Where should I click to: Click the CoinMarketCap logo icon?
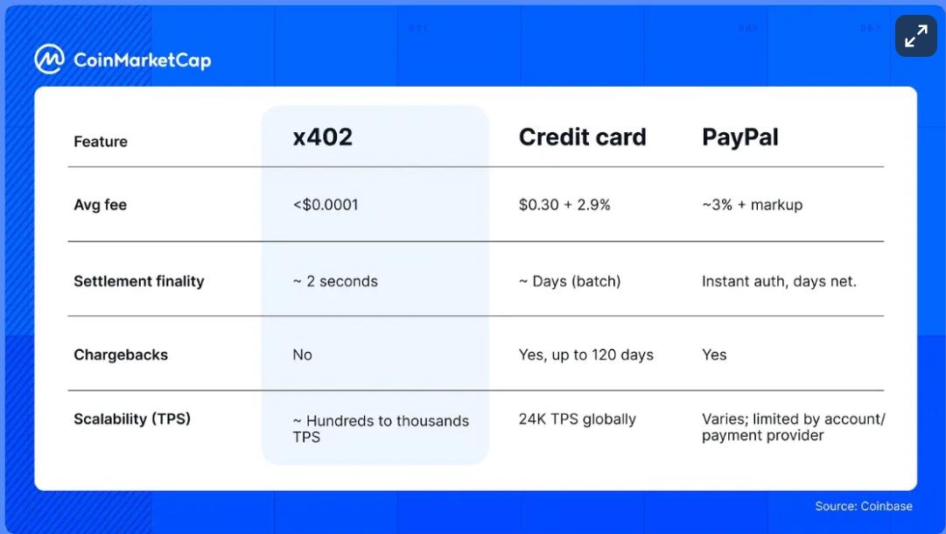click(x=49, y=60)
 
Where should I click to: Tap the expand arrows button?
click(x=915, y=37)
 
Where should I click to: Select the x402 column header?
click(x=322, y=137)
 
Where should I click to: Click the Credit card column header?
click(x=582, y=137)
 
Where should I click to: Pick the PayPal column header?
click(x=739, y=137)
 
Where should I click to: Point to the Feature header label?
click(x=101, y=142)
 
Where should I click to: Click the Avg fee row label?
click(x=100, y=205)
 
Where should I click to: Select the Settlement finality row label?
click(x=138, y=281)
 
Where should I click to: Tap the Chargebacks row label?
click(x=121, y=355)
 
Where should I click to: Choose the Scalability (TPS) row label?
click(x=132, y=418)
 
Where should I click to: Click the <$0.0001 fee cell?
click(x=326, y=205)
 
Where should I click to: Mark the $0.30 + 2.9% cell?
click(x=564, y=205)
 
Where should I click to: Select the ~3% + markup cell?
click(x=752, y=205)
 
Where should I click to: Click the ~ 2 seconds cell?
click(x=335, y=281)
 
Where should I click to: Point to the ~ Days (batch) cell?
click(x=570, y=281)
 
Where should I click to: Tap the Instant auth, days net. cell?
click(x=779, y=281)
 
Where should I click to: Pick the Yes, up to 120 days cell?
click(x=586, y=355)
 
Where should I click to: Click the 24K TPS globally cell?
click(x=578, y=418)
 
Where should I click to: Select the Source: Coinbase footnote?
click(x=864, y=506)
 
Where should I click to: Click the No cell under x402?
click(x=302, y=355)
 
